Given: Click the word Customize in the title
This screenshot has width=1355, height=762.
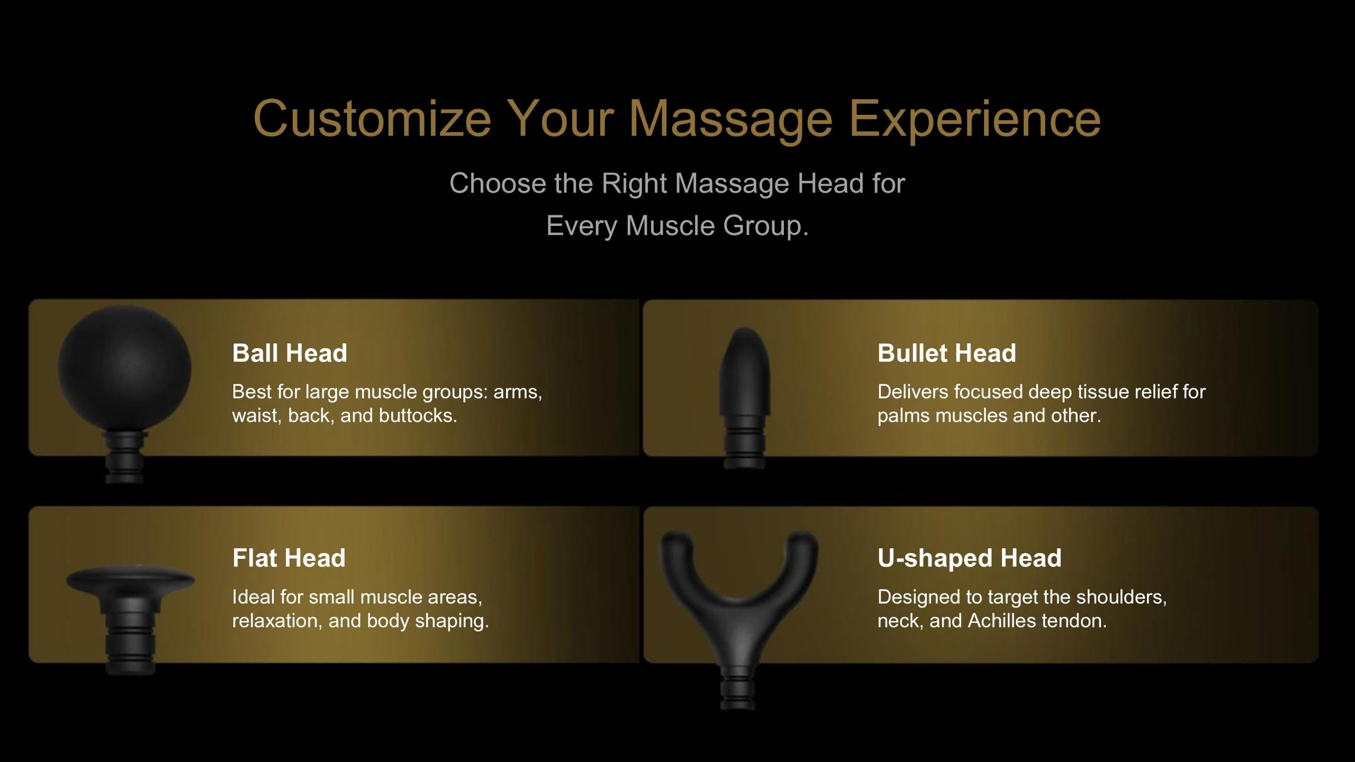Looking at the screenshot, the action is [x=373, y=120].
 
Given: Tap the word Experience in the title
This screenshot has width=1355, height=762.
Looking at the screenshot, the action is [x=975, y=120].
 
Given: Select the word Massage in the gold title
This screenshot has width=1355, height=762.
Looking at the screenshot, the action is [x=731, y=120].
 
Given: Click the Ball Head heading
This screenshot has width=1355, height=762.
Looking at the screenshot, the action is [x=290, y=353].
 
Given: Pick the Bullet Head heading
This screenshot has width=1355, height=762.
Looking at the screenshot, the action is [x=947, y=353].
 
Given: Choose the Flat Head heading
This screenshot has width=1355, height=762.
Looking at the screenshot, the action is [x=289, y=558].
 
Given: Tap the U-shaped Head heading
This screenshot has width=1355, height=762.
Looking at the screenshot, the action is [x=970, y=558].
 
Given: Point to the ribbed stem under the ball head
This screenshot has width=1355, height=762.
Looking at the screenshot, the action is [x=124, y=457].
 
